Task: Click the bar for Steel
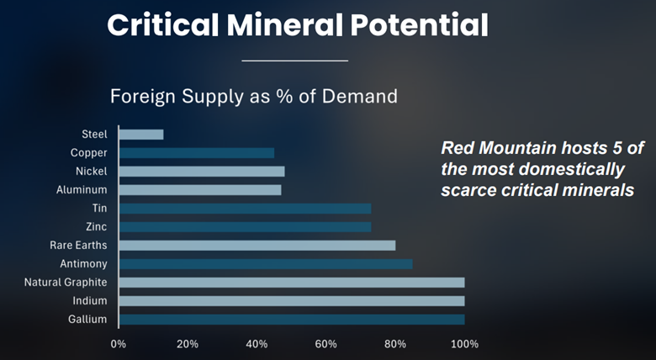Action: click(x=141, y=135)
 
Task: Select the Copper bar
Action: click(x=197, y=153)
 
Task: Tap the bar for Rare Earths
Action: click(x=257, y=246)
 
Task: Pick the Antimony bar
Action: click(x=266, y=264)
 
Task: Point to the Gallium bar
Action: click(x=292, y=320)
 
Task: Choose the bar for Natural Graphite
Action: click(x=292, y=283)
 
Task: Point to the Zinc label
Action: click(x=96, y=227)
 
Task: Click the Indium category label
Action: click(x=90, y=301)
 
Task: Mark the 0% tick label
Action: click(x=119, y=344)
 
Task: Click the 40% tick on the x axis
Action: click(x=257, y=344)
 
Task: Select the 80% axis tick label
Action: click(x=395, y=344)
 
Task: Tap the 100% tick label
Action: click(x=464, y=344)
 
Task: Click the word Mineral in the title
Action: click(x=291, y=25)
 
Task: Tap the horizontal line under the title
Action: click(x=294, y=61)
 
